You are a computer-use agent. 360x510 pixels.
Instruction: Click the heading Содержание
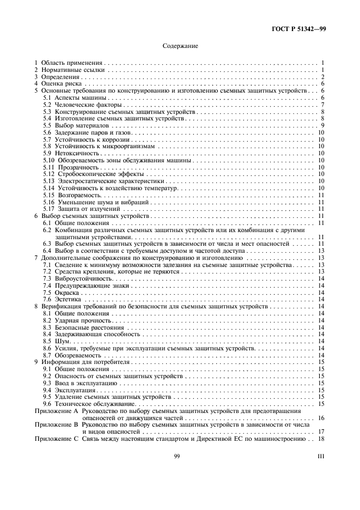point(180,46)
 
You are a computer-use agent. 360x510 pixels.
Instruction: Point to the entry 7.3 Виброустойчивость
point(70,278)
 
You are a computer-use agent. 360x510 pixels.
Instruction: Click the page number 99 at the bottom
point(177,456)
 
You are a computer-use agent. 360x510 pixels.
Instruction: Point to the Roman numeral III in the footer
point(321,456)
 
